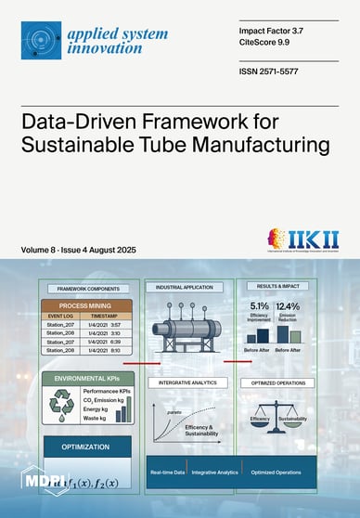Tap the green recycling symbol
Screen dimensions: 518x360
point(60,407)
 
